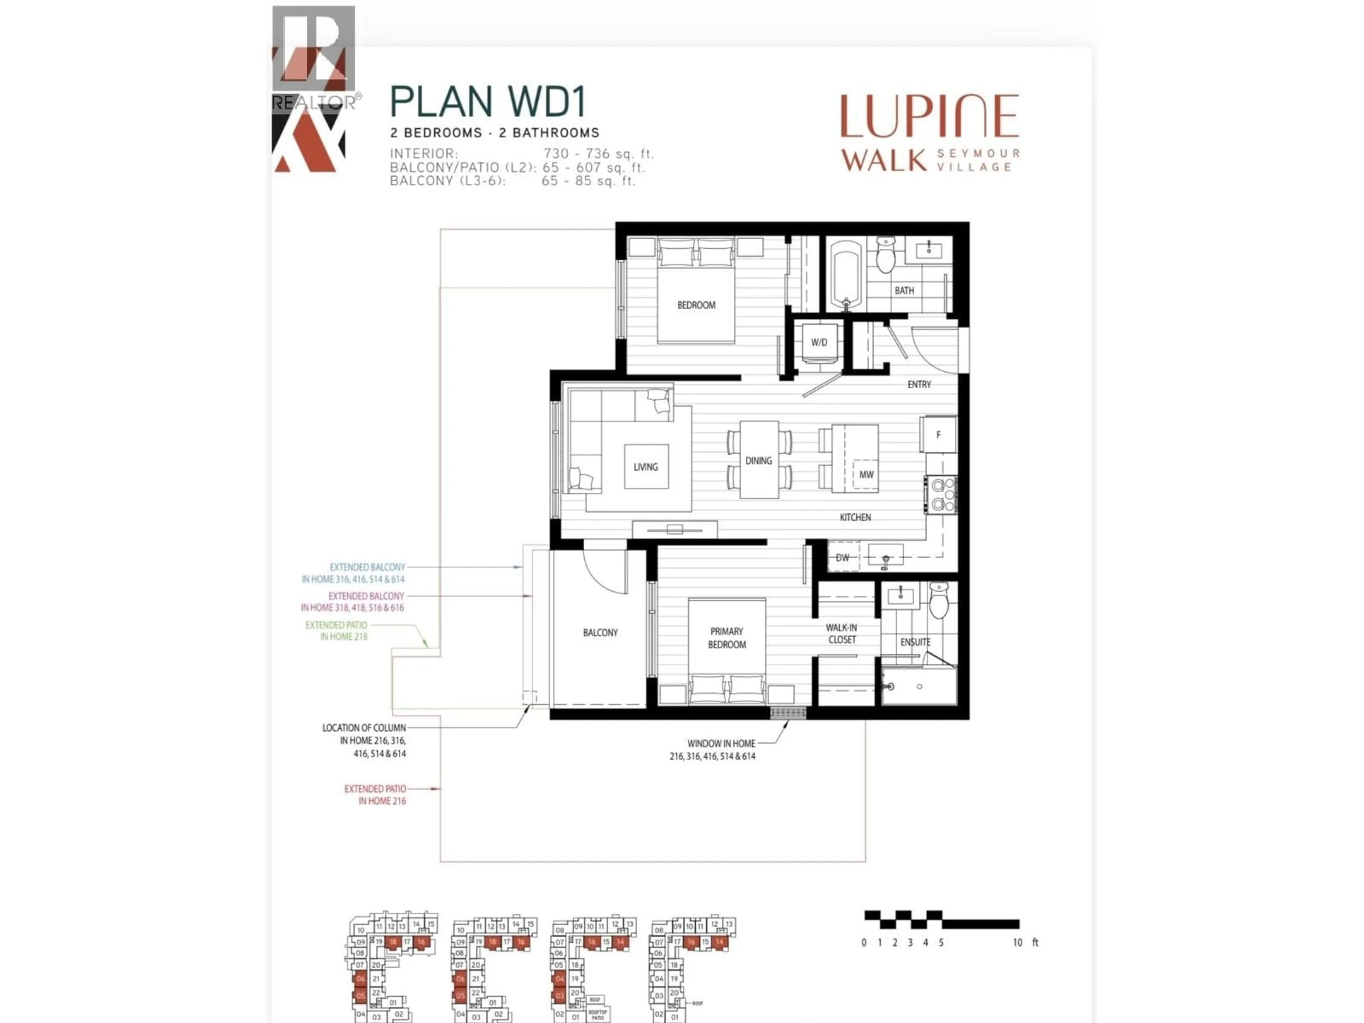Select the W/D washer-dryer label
tap(819, 342)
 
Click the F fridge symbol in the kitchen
tap(938, 435)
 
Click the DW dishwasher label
tap(842, 557)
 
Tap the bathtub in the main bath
tap(846, 275)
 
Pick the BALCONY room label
tap(600, 633)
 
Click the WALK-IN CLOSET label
tap(842, 633)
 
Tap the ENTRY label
tap(919, 384)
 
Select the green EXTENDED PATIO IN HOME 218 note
tap(337, 631)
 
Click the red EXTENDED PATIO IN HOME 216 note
tap(375, 795)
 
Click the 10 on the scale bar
tap(1017, 942)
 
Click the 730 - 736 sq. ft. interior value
tap(598, 153)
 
